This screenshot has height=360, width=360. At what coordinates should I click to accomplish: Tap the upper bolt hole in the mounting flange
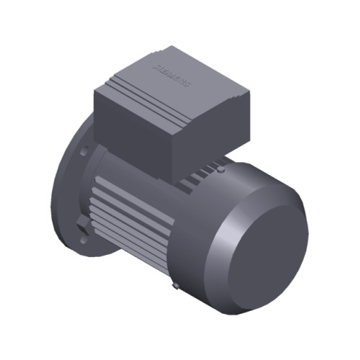[85, 153]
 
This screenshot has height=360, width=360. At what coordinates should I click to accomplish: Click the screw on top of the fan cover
[222, 173]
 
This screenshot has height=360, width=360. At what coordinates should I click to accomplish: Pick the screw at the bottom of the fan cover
[176, 287]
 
